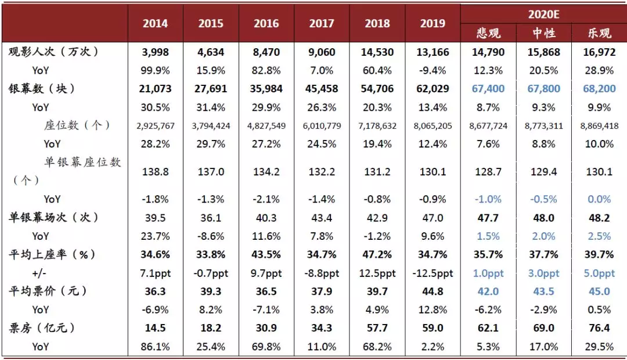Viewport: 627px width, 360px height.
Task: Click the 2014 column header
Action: pyautogui.click(x=155, y=23)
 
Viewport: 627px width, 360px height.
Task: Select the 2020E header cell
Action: pyautogui.click(x=543, y=15)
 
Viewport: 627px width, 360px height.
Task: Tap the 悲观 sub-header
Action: pyautogui.click(x=488, y=33)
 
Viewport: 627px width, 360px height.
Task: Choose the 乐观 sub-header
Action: pyautogui.click(x=599, y=33)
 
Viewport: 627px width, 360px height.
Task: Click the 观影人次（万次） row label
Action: pyautogui.click(x=53, y=52)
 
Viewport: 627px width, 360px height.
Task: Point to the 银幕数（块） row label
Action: pyautogui.click(x=42, y=88)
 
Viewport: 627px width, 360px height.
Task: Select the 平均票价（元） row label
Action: pyautogui.click(x=48, y=291)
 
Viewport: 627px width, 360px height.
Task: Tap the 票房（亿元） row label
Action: pyautogui.click(x=42, y=328)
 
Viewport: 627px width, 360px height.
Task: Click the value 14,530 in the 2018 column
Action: pyautogui.click(x=377, y=52)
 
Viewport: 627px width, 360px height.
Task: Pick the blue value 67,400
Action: pyautogui.click(x=488, y=88)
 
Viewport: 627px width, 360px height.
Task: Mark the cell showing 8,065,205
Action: pyautogui.click(x=433, y=125)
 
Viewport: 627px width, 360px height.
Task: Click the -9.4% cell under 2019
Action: pyautogui.click(x=433, y=70)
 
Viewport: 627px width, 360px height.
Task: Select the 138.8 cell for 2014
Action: pyautogui.click(x=155, y=172)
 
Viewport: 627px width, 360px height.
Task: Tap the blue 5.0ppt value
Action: pyautogui.click(x=599, y=273)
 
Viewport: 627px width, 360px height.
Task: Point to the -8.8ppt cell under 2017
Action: pyautogui.click(x=322, y=273)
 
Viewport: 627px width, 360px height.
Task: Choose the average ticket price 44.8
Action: pyautogui.click(x=433, y=291)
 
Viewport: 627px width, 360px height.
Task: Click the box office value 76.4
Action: pyautogui.click(x=599, y=328)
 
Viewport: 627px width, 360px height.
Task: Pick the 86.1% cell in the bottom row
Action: pyautogui.click(x=155, y=347)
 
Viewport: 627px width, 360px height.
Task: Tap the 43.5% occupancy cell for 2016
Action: pyautogui.click(x=266, y=254)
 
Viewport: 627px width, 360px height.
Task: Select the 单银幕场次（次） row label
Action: pyautogui.click(x=53, y=217)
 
